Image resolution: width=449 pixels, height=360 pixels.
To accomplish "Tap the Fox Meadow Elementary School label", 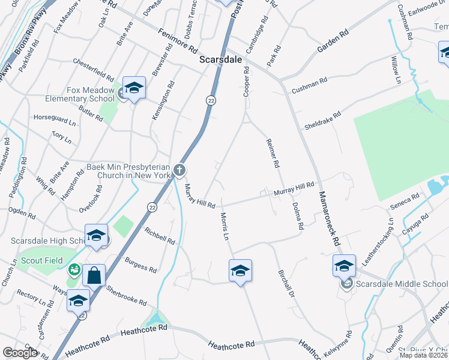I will (x=91, y=94).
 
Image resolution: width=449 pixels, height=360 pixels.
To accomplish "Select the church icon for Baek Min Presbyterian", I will (x=179, y=171).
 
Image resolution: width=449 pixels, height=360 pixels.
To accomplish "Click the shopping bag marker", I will (x=94, y=276).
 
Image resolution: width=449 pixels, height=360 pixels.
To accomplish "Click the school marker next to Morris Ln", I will (x=240, y=271).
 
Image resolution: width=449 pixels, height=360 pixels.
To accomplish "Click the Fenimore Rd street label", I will (x=178, y=40).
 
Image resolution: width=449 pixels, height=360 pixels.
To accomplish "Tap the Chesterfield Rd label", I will (x=93, y=70).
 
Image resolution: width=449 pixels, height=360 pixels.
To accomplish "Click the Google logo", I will (x=20, y=353).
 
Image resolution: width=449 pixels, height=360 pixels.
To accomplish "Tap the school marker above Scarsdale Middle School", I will (x=345, y=265).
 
